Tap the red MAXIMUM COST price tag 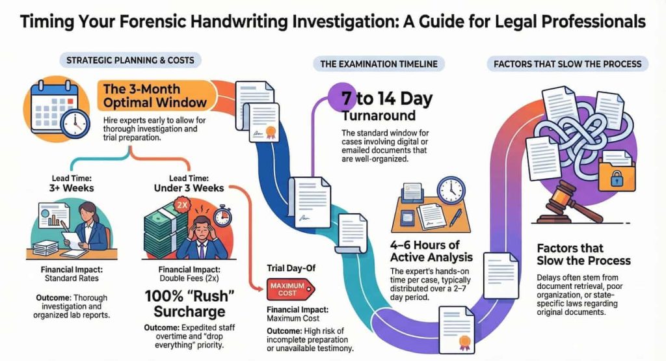pos(291,286)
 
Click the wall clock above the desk pos(450,189)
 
